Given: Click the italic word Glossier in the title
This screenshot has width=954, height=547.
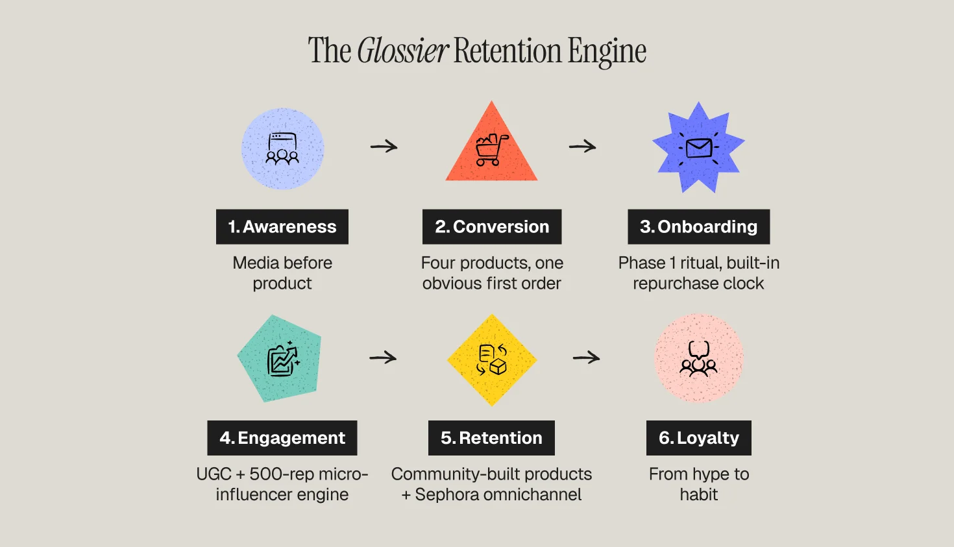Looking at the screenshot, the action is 402,51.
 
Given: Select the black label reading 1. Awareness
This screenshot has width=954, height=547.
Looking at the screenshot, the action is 282,226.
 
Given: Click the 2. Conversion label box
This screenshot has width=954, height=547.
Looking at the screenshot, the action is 492,226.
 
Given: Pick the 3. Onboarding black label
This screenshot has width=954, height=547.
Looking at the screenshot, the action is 698,226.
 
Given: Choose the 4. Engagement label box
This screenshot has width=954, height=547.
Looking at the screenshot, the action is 282,437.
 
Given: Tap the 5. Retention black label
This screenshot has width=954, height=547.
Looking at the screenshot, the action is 491,437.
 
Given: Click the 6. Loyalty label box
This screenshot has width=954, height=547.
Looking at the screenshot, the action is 698,437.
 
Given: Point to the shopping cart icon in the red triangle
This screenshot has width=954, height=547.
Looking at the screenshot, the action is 491,150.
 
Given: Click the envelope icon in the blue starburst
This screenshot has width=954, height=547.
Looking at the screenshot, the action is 698,148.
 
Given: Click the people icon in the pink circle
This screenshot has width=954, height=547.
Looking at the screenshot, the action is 698,359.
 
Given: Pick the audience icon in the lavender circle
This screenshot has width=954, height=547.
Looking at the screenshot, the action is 282,149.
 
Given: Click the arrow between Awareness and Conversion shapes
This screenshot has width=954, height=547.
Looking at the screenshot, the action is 384,147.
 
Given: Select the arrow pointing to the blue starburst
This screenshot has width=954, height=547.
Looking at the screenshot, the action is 583,147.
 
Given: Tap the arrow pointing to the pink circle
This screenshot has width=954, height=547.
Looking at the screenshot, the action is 587,358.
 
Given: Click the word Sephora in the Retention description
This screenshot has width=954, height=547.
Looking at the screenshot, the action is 447,494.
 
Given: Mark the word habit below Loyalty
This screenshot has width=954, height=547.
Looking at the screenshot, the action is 698,494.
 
